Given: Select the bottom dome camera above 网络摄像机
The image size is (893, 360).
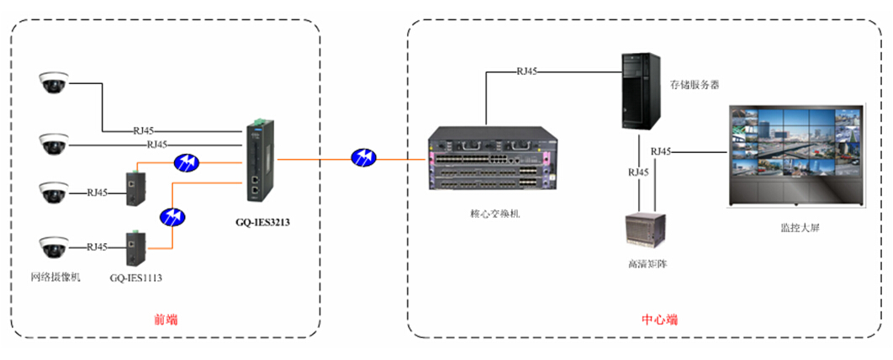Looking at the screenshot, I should pos(53,247).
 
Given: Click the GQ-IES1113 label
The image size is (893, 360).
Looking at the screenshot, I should pos(134,277).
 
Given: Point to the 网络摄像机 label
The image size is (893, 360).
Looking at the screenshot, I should pos(55,277).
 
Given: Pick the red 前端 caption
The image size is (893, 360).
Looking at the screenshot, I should pos(166,320).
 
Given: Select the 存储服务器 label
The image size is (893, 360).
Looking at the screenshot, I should pos(695,85).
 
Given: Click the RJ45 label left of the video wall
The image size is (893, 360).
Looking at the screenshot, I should pos(661,151).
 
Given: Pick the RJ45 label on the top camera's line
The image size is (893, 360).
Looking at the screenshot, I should pos(144,130).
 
